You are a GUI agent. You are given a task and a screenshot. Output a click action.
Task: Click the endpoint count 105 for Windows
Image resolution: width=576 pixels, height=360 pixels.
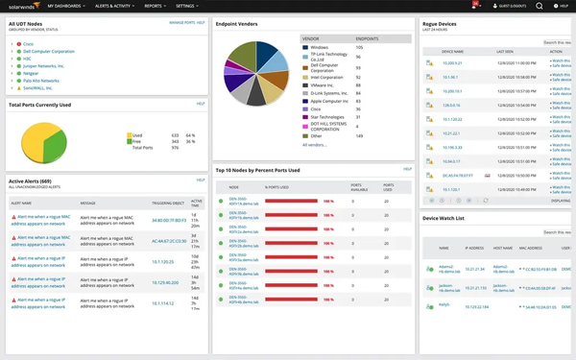coord(359,46)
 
